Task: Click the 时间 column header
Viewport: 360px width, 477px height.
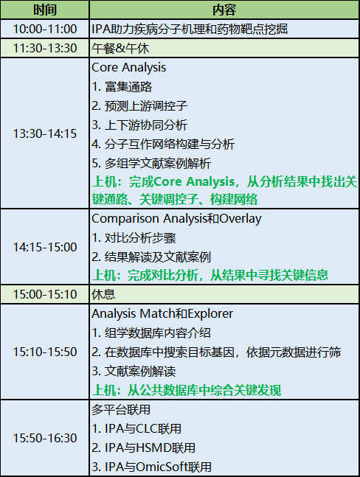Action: [45, 10]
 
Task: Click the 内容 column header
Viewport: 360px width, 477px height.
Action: [224, 10]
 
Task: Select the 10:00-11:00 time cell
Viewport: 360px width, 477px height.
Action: [45, 29]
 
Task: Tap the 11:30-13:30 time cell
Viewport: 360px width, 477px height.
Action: [45, 48]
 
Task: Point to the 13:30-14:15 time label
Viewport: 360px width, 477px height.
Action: [45, 133]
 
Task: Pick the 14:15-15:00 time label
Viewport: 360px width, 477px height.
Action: [45, 247]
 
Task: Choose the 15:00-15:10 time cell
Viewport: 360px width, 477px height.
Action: [45, 294]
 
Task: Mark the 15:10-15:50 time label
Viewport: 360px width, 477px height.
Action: [45, 352]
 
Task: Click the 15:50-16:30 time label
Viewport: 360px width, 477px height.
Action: [45, 438]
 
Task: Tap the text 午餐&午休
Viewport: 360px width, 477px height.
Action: [120, 49]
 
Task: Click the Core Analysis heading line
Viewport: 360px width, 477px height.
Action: [128, 68]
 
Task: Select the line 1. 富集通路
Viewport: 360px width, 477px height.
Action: [122, 87]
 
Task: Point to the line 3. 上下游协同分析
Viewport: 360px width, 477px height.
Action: [139, 125]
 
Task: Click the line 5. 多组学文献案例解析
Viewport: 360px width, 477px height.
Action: [151, 164]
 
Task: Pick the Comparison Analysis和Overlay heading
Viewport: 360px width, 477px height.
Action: [176, 219]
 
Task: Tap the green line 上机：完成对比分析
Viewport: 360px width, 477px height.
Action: [210, 275]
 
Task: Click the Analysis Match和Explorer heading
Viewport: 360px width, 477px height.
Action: [162, 313]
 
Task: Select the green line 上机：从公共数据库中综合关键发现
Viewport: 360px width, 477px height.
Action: [187, 390]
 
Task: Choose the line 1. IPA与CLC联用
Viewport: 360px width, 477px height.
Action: [136, 428]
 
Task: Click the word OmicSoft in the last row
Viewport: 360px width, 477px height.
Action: [162, 467]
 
